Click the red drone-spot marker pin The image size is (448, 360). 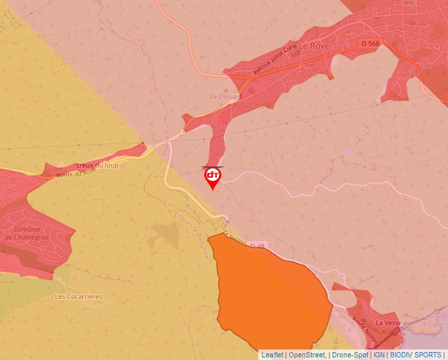tap(213, 176)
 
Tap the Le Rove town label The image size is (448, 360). tap(314, 47)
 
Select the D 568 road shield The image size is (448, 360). tap(370, 43)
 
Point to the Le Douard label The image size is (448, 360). tap(226, 96)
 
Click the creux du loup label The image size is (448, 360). tap(98, 165)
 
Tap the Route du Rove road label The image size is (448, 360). tap(76, 174)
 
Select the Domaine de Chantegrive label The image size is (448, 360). tap(28, 233)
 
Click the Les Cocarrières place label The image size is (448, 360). tap(78, 297)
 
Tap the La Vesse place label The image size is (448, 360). tap(388, 323)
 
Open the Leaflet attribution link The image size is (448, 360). tap(272, 355)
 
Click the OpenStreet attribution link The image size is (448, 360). tap(307, 355)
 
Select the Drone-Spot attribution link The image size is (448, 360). tap(350, 355)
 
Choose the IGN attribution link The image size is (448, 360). tap(379, 355)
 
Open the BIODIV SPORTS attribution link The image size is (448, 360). tap(416, 355)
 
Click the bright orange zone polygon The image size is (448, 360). tap(270, 296)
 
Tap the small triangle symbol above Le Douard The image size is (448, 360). tap(227, 87)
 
